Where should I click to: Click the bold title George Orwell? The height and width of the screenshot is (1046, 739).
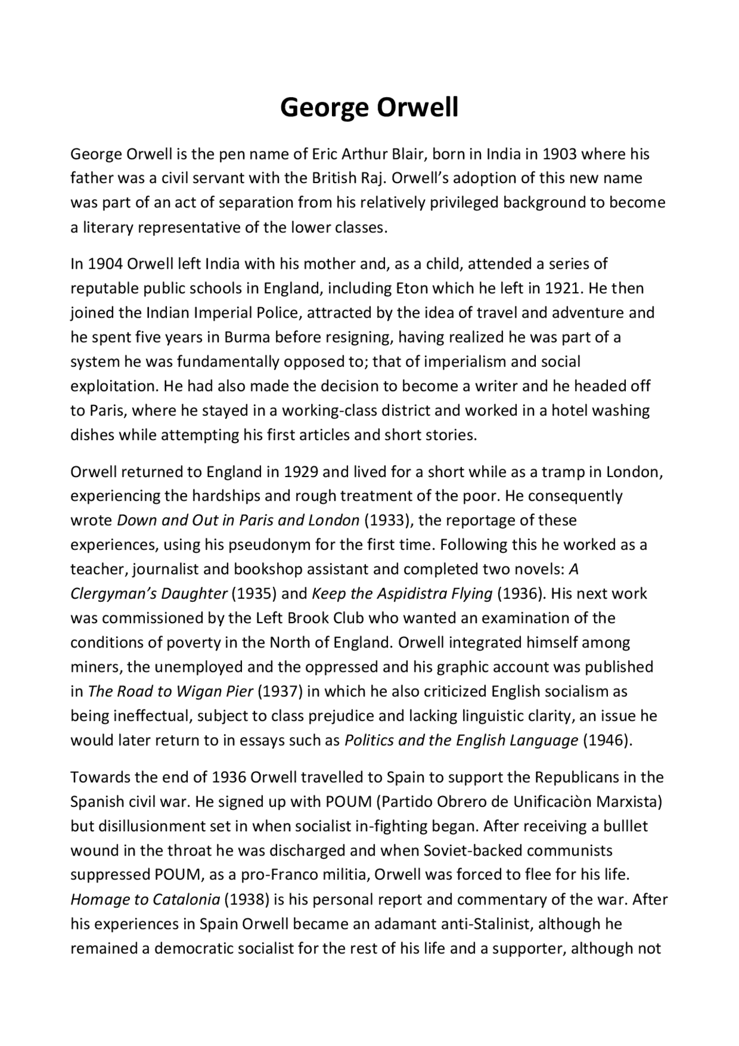[x=369, y=107]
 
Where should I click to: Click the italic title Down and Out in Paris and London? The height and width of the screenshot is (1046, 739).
[x=238, y=520]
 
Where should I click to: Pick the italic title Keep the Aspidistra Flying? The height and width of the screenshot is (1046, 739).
[x=402, y=594]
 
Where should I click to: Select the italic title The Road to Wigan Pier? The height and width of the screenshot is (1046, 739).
[x=170, y=691]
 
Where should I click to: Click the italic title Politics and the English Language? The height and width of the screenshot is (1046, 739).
[x=461, y=740]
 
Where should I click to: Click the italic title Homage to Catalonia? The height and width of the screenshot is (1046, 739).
[x=145, y=899]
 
